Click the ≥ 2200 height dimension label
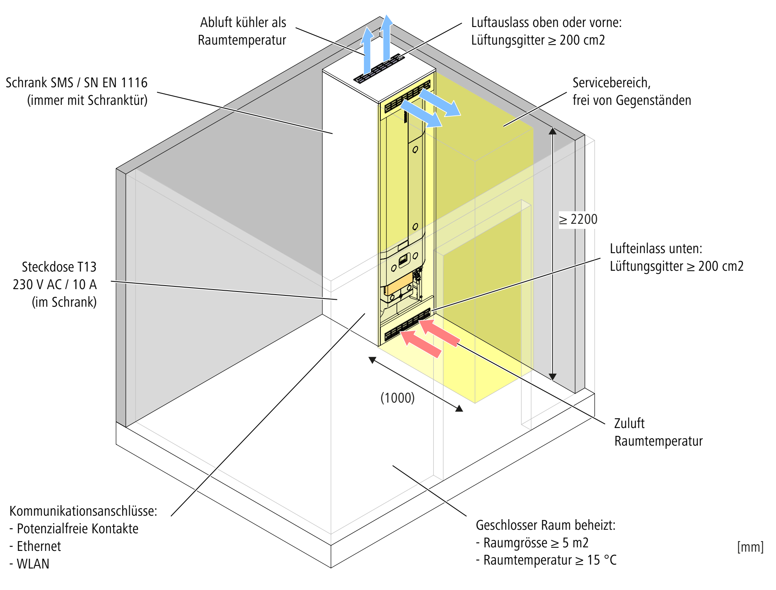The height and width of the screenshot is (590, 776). tap(578, 219)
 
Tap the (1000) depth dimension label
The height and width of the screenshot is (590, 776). tap(397, 398)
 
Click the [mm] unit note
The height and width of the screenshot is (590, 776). tap(750, 547)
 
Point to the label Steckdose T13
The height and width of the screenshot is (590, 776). tap(59, 267)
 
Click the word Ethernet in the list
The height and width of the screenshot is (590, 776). tap(39, 546)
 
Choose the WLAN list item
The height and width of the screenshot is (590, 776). tap(33, 564)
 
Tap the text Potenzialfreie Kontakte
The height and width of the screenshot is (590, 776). tap(77, 529)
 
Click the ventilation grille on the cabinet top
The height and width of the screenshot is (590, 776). tap(379, 69)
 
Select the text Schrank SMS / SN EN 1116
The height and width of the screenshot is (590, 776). tap(76, 83)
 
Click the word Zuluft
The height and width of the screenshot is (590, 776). tap(629, 423)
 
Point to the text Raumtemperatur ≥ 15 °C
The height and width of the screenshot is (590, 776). tap(550, 560)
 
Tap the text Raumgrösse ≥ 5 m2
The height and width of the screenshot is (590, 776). tap(536, 543)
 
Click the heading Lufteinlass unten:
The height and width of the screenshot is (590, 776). tap(656, 248)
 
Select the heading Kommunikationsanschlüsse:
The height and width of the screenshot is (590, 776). tap(83, 511)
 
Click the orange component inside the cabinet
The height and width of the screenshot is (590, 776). tap(399, 285)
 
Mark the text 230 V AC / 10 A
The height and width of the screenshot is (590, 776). tap(54, 284)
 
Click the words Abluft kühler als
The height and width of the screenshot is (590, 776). tap(243, 23)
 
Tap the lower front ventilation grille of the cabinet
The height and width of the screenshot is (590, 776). tap(407, 325)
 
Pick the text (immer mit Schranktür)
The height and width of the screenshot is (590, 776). tap(87, 101)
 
